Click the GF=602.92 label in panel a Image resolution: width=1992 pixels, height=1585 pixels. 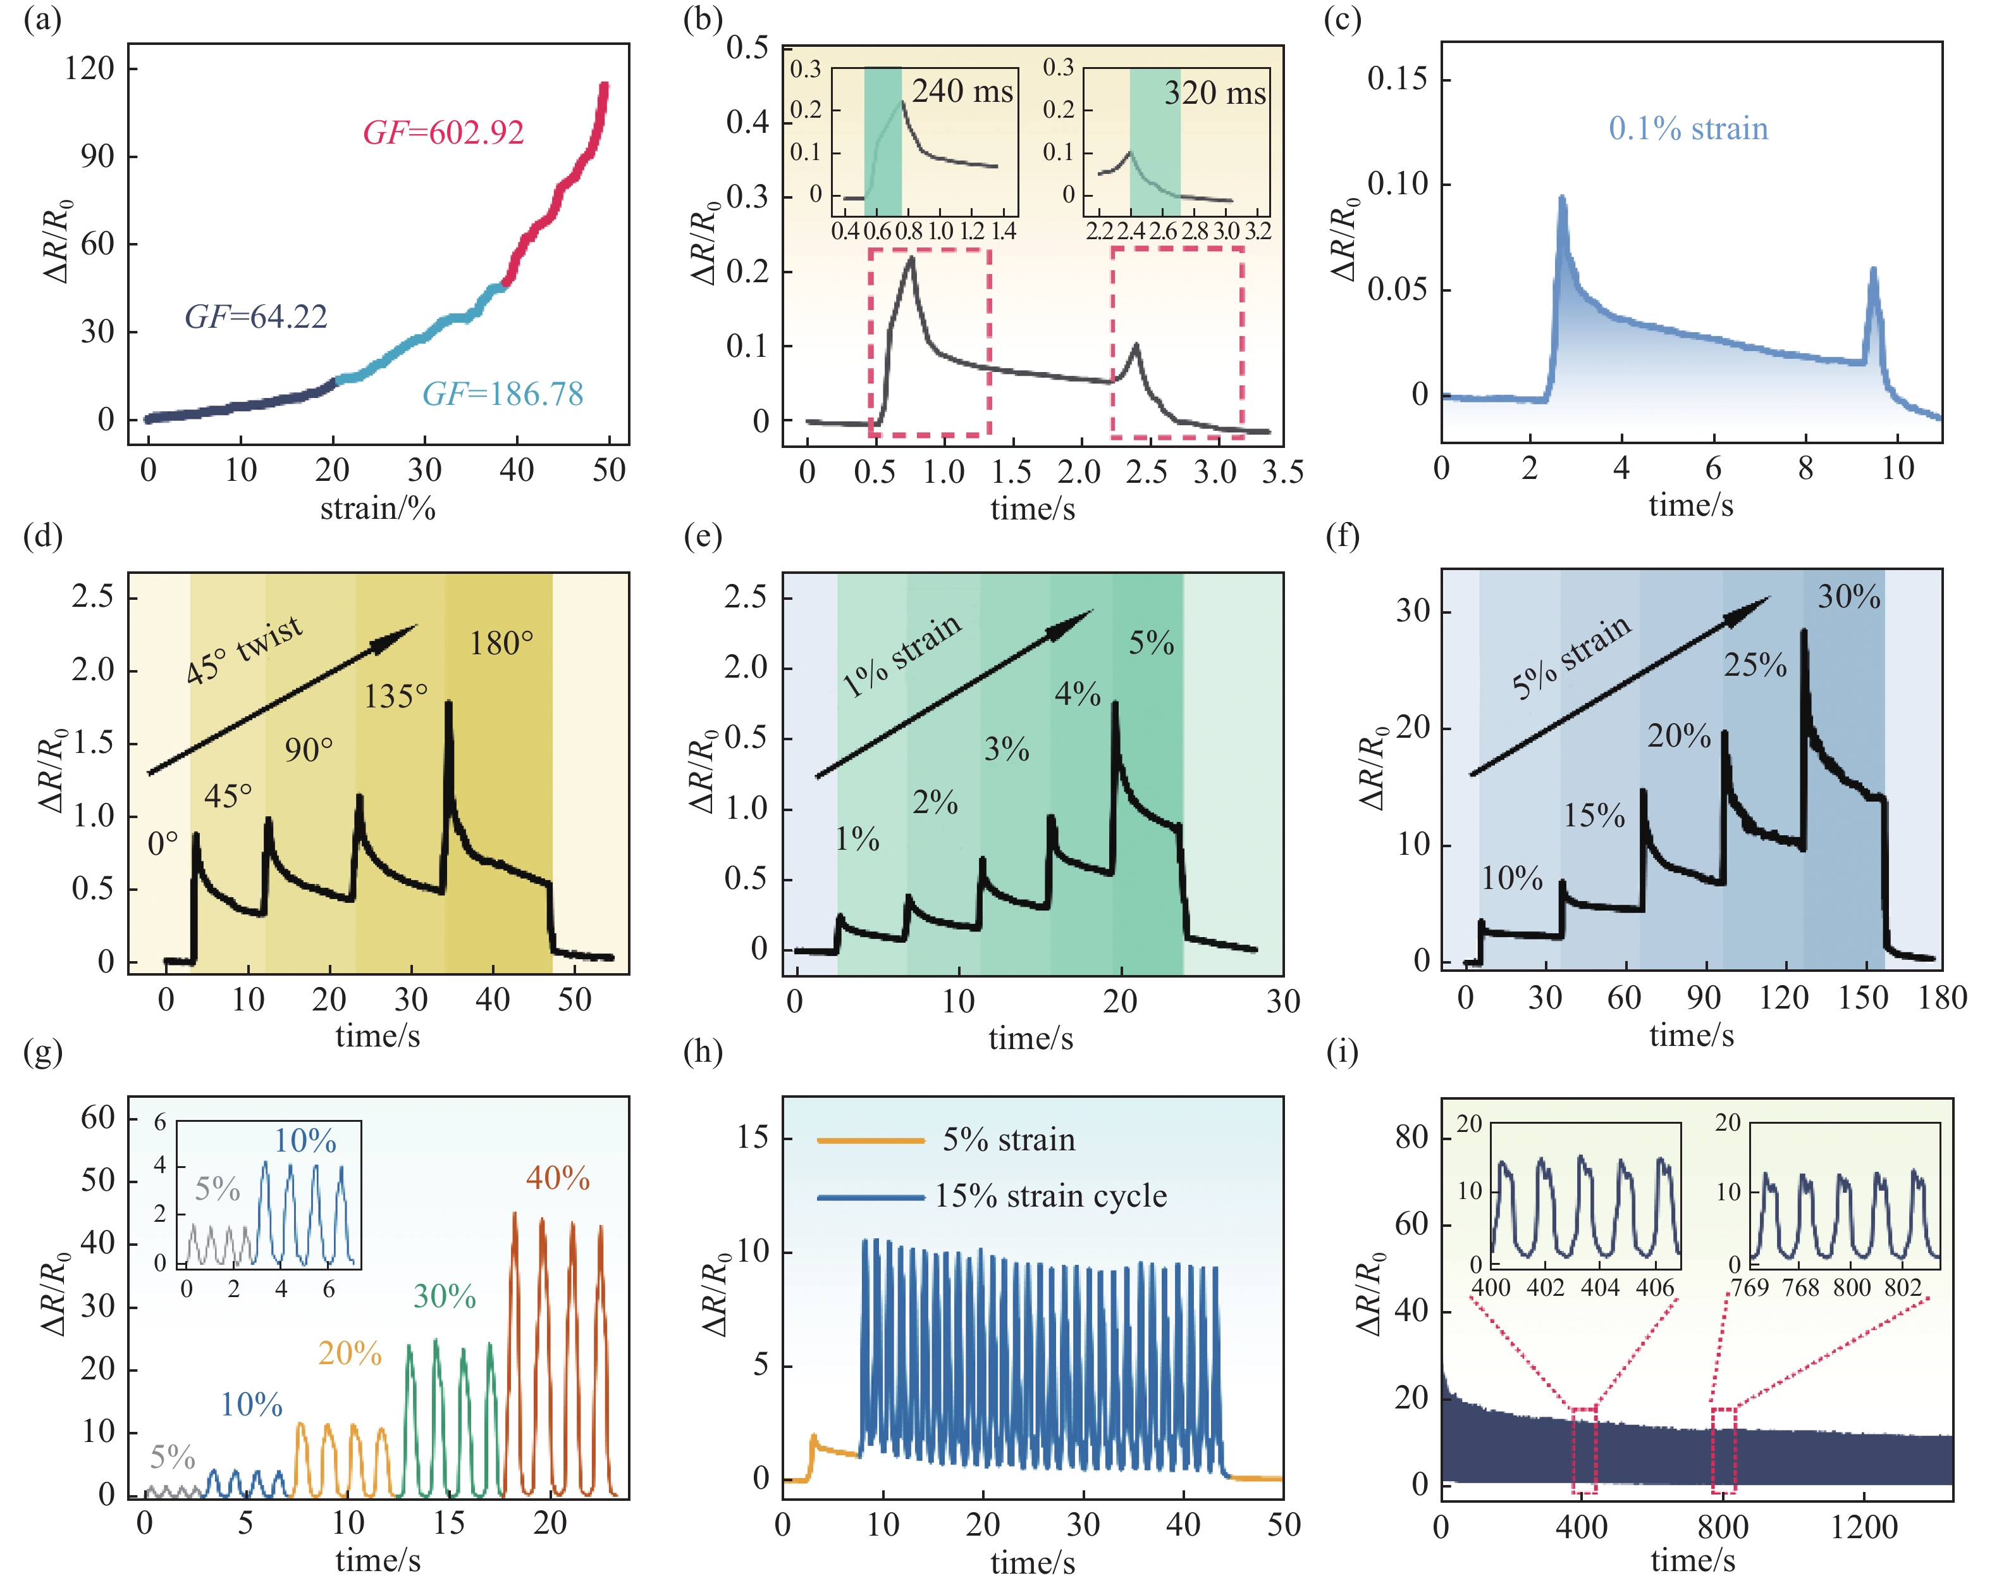(443, 133)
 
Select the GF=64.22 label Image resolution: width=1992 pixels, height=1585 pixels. (256, 317)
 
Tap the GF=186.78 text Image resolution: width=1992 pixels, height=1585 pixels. (503, 395)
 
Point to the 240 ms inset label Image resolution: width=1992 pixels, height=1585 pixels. (962, 92)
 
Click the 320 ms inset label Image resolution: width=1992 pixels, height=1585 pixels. (1214, 94)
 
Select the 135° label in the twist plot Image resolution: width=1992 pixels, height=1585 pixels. (395, 696)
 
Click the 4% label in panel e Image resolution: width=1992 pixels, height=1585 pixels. (1078, 693)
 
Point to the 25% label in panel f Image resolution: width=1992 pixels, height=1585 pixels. (1755, 664)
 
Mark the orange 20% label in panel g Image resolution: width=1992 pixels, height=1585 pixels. (350, 1353)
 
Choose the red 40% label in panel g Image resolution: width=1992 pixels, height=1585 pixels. (558, 1178)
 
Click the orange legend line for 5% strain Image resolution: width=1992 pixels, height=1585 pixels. (870, 1140)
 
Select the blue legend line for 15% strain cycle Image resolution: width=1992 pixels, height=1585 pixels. (870, 1198)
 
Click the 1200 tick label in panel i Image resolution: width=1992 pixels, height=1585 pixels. (1864, 1526)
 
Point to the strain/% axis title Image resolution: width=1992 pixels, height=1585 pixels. (378, 507)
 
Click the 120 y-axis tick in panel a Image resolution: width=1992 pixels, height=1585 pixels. (90, 68)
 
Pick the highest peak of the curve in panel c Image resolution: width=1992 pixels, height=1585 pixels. (1561, 198)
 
